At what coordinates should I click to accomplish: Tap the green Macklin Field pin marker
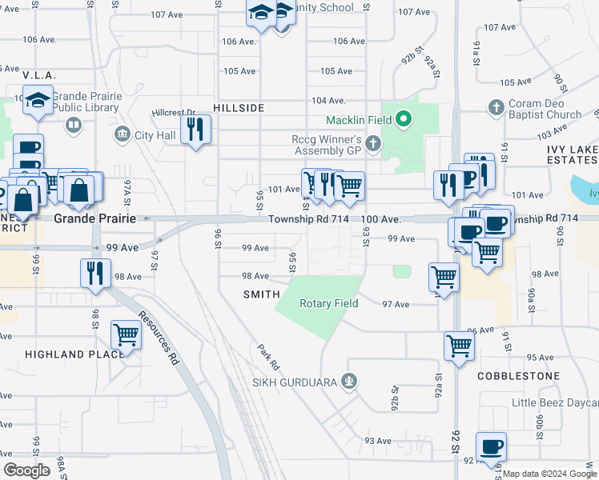(x=405, y=121)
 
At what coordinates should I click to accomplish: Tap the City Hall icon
(x=123, y=134)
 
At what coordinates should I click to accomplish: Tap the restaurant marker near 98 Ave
(x=94, y=272)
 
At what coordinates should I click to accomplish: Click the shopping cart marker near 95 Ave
(x=459, y=346)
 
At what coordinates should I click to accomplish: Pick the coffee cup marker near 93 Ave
(x=492, y=446)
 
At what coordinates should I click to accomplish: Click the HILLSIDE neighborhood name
(x=239, y=106)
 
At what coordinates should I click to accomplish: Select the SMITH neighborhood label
(x=261, y=294)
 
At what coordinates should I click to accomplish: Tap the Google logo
(x=26, y=470)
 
